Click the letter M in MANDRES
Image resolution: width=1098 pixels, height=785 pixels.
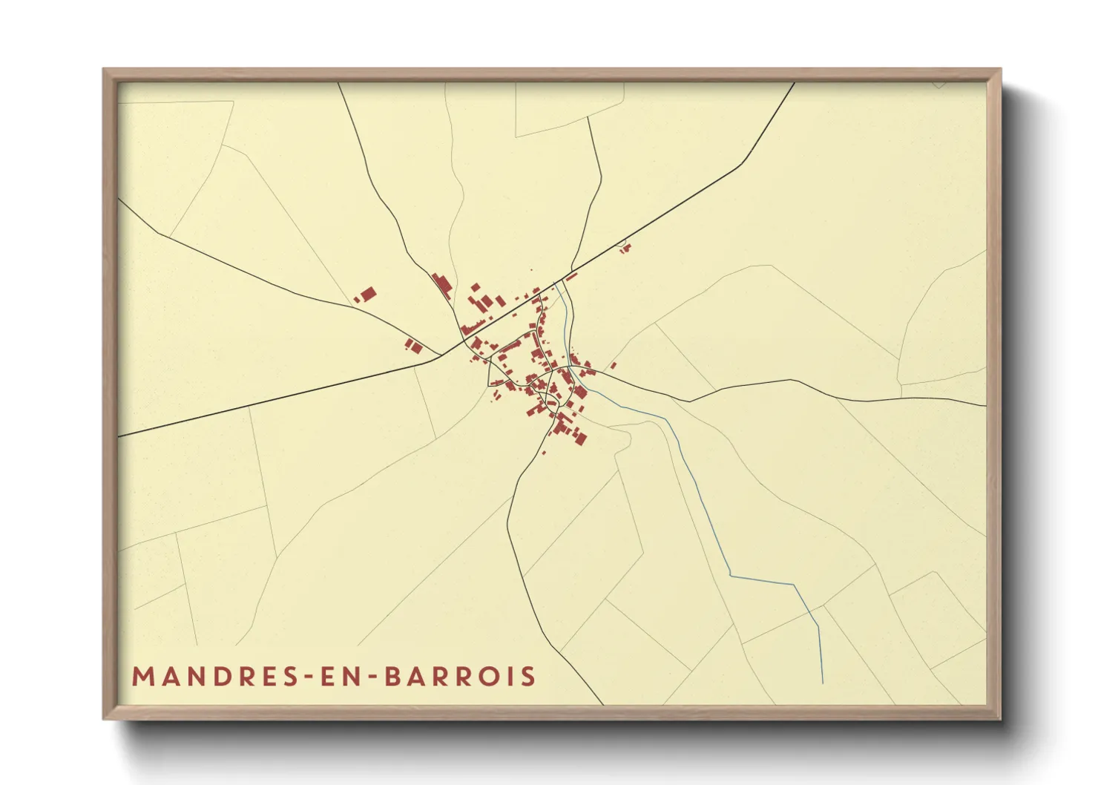(142, 677)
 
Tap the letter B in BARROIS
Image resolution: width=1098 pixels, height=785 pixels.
(393, 677)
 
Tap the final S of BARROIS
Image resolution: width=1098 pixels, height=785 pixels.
(528, 677)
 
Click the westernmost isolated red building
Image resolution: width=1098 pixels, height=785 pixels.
(366, 295)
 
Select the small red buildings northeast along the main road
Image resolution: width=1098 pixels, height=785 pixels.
(625, 248)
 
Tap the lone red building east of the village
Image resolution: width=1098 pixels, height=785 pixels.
(614, 366)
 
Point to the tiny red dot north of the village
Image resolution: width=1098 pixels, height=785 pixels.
(531, 270)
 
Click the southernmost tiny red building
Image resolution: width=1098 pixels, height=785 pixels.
(544, 452)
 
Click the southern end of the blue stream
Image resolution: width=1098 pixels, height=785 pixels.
(823, 681)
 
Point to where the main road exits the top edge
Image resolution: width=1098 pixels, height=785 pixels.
(795, 83)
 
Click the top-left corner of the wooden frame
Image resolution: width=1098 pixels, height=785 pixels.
(104, 70)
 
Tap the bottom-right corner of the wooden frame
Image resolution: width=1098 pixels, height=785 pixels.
(1000, 718)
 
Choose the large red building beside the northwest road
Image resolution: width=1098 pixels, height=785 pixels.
(442, 286)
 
